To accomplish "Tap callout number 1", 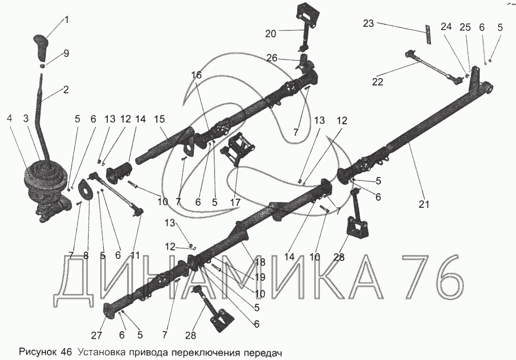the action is (x=67, y=20).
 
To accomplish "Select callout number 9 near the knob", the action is (x=66, y=53).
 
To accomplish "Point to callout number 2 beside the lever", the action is (x=66, y=90).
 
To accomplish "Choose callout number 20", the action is (x=271, y=34).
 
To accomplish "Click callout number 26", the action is (x=272, y=59).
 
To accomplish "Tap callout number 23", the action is (x=368, y=23).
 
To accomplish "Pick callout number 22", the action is (x=378, y=81).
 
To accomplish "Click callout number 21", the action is (x=424, y=204).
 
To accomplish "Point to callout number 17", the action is (x=236, y=202).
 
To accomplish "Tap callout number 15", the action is (x=159, y=119).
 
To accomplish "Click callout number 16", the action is (x=196, y=75).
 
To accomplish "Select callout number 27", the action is (x=97, y=335).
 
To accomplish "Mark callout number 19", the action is (x=260, y=277).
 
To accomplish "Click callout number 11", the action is (x=135, y=255).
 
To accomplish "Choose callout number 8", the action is (x=86, y=255).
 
